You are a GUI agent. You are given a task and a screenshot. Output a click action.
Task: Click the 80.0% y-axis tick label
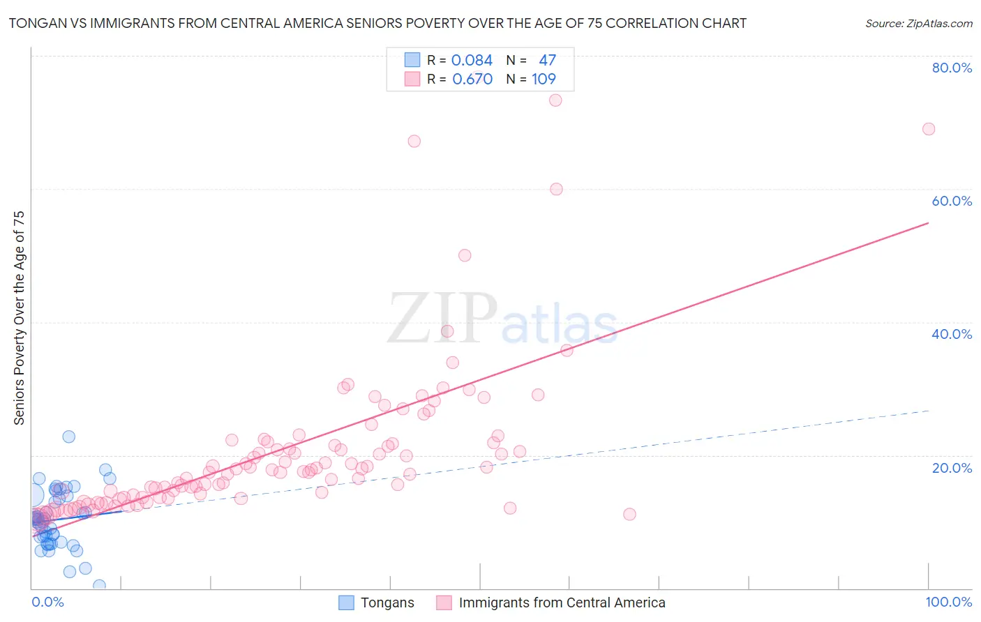click(952, 68)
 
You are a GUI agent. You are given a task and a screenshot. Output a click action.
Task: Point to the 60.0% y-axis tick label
click(952, 201)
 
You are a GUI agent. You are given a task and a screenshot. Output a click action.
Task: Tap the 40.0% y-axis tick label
click(952, 334)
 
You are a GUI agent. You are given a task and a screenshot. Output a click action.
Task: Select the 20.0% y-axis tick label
click(952, 468)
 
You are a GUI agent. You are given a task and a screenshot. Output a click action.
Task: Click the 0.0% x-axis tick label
click(47, 602)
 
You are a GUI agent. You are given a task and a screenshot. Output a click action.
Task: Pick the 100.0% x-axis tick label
click(948, 602)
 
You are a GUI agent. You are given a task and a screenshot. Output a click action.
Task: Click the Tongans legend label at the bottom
click(387, 602)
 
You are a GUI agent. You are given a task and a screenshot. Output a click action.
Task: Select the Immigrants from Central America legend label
click(562, 602)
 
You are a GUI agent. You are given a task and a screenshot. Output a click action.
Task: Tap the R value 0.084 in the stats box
click(472, 61)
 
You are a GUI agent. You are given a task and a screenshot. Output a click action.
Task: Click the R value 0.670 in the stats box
click(472, 79)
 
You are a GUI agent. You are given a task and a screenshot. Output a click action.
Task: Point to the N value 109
click(544, 79)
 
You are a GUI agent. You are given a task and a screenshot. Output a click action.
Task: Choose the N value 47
click(547, 61)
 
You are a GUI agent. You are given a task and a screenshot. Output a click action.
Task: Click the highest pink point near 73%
click(555, 100)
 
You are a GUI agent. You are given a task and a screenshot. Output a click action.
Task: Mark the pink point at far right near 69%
click(928, 129)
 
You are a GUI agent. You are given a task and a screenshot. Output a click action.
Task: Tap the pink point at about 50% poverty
click(465, 255)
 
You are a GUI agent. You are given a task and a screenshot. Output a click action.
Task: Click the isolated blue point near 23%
click(68, 437)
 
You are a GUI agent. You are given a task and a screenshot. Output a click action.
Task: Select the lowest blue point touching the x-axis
click(99, 585)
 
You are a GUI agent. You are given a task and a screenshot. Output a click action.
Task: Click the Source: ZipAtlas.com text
click(918, 24)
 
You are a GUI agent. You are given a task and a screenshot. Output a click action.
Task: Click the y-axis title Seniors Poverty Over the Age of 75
click(20, 318)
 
